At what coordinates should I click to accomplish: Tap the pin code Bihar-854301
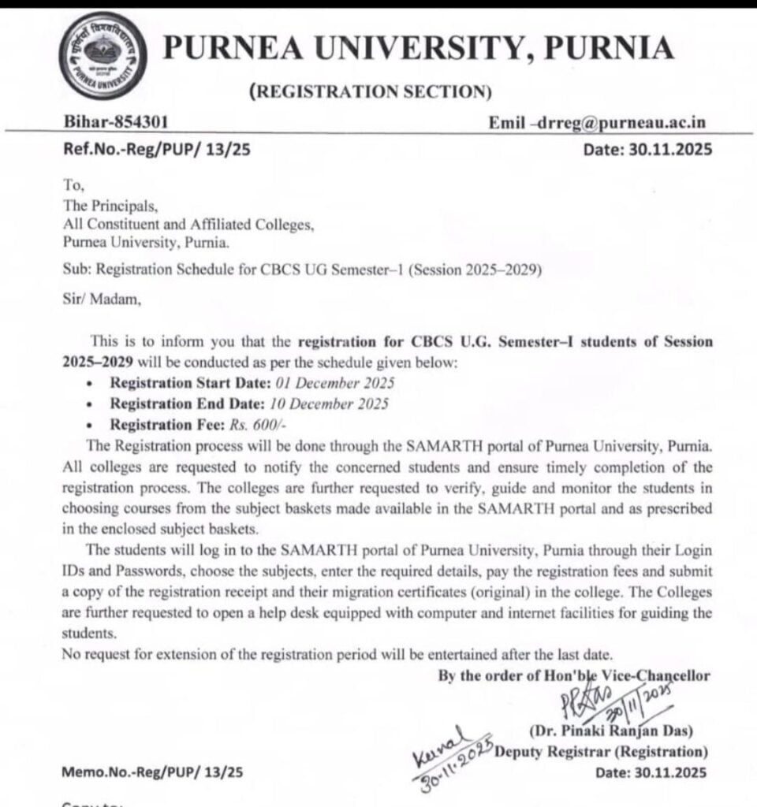pos(115,122)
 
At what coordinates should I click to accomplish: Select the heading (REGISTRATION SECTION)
pos(370,92)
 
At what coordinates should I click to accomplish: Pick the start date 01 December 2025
pos(335,384)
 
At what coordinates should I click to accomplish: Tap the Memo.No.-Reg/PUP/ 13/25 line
pos(152,772)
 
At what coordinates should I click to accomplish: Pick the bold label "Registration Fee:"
pos(162,425)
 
